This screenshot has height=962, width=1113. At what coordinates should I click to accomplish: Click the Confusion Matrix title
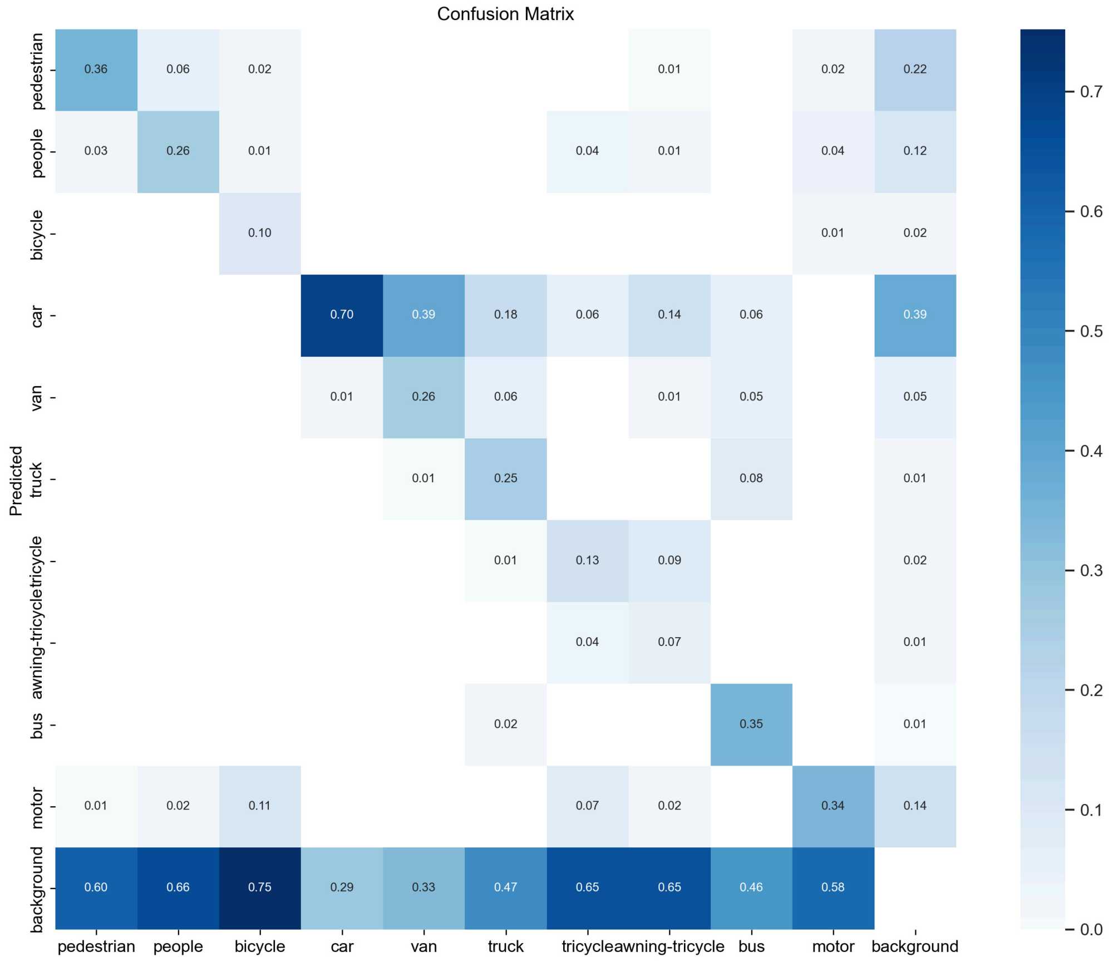tap(505, 14)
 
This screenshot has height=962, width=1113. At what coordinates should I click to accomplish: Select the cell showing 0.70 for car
tap(342, 315)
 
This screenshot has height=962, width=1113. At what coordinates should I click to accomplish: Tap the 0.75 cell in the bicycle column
tap(260, 887)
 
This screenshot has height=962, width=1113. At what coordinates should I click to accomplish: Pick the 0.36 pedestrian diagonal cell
tap(96, 70)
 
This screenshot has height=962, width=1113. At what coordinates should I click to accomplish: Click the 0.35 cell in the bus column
tap(751, 724)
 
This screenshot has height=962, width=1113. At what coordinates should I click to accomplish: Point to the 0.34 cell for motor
tap(833, 806)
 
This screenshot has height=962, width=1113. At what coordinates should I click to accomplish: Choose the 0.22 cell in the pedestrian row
tap(914, 70)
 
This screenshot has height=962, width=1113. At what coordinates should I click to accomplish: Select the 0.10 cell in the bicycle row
tap(260, 233)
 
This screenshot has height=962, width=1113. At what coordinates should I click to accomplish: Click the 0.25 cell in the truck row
tap(505, 478)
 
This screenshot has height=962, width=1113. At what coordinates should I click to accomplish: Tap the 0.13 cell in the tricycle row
tap(587, 560)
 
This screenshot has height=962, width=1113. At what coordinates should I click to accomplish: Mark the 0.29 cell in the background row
tap(342, 887)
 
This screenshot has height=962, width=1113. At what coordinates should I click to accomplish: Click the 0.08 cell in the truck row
tap(751, 478)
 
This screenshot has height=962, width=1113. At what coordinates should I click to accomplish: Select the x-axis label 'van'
tap(423, 946)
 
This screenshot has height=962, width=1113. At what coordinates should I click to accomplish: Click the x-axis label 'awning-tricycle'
tap(669, 946)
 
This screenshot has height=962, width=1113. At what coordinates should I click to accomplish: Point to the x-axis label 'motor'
tap(833, 946)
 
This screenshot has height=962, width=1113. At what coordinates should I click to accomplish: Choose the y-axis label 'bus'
tap(37, 725)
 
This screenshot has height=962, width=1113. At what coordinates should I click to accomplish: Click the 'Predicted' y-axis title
tap(16, 481)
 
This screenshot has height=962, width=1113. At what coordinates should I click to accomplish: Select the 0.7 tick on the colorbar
tap(1091, 92)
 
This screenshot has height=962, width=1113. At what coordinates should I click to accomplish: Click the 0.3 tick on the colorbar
tap(1091, 570)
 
